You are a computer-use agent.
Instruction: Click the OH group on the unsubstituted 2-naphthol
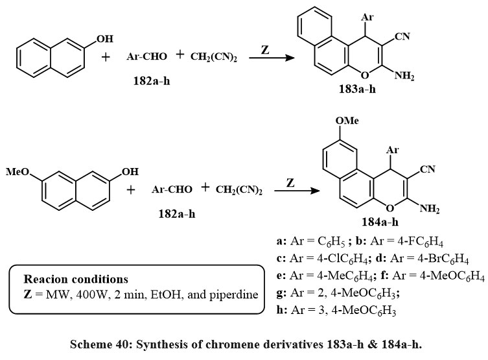click(x=104, y=40)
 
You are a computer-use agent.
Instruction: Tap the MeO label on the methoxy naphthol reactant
click(x=17, y=172)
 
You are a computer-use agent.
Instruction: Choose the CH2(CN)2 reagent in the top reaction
click(x=213, y=57)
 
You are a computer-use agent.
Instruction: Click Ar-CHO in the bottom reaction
click(x=172, y=189)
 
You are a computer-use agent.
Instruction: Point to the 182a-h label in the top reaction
click(x=148, y=82)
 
